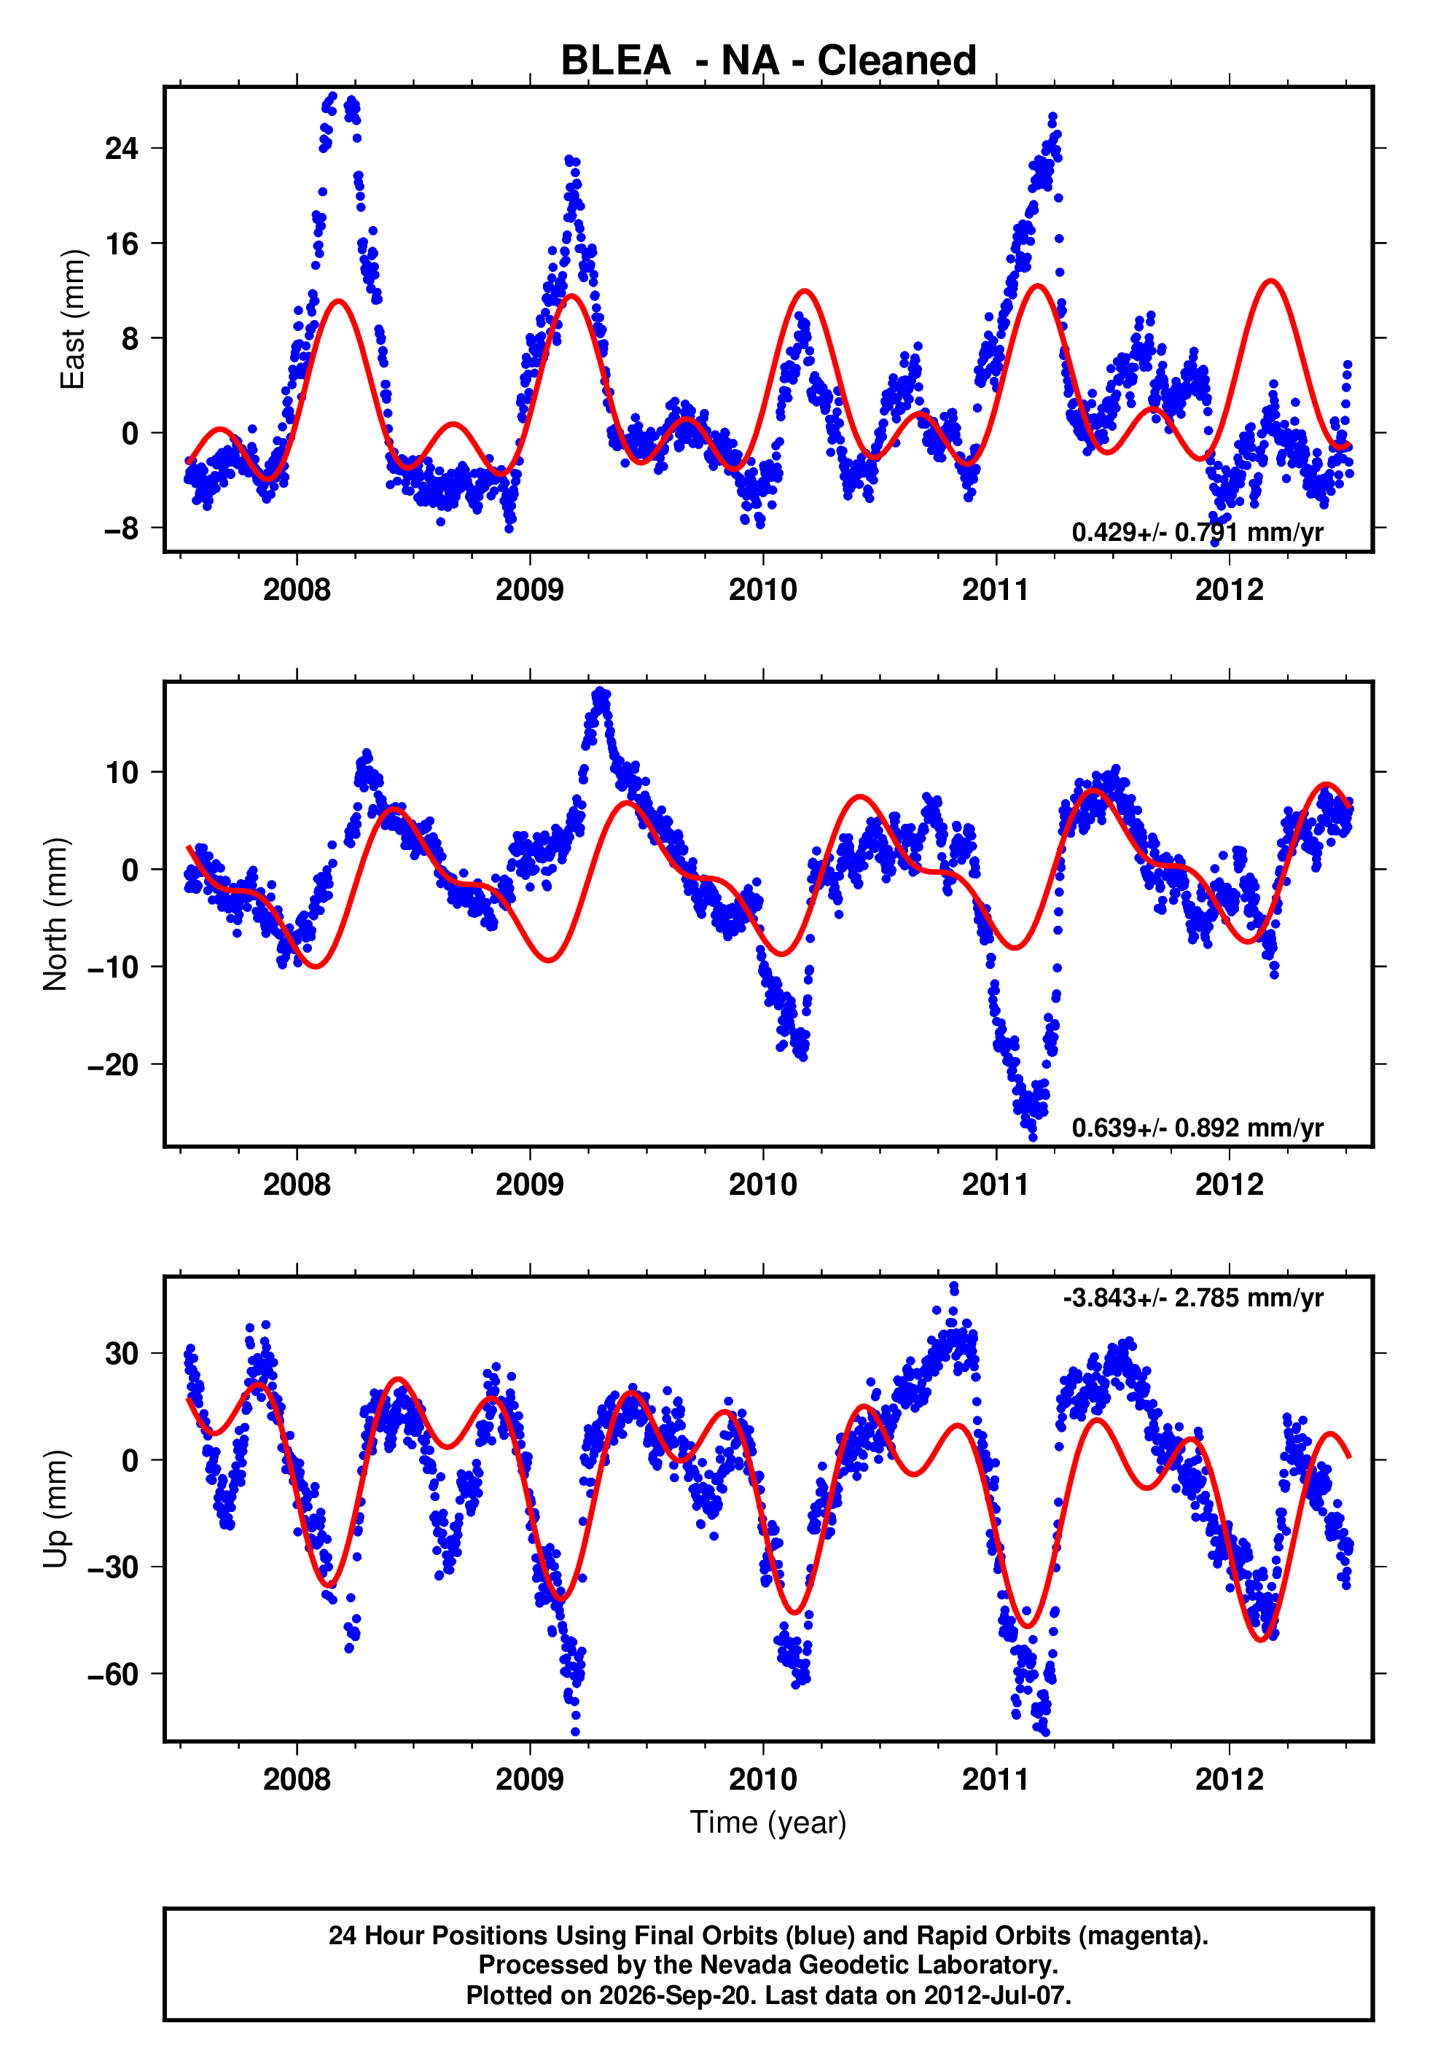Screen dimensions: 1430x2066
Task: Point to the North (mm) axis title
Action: coord(55,914)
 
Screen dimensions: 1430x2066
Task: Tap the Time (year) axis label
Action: coord(768,1823)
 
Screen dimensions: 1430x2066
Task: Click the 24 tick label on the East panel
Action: coord(122,148)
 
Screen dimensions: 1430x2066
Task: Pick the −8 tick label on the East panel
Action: coord(121,528)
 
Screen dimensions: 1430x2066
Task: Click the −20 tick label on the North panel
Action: coord(113,1064)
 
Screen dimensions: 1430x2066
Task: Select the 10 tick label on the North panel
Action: coord(122,772)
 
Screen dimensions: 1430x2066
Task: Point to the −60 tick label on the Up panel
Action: coord(113,1674)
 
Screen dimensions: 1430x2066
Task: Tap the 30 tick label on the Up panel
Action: coord(122,1353)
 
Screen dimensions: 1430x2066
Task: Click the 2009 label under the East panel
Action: coord(530,590)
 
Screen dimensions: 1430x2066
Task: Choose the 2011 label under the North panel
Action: coord(996,1185)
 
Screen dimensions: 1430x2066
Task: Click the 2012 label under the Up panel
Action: coord(1230,1780)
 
